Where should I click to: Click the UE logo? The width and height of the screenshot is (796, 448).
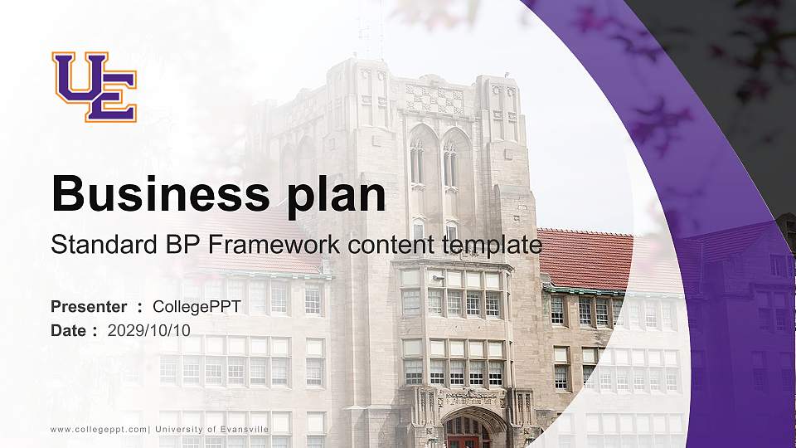[x=94, y=86]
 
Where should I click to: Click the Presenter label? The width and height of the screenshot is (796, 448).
[x=89, y=307]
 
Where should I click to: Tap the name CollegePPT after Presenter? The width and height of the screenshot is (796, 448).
[x=197, y=307]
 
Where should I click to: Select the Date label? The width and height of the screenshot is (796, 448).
[x=69, y=330]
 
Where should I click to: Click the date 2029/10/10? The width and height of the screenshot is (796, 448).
[x=149, y=330]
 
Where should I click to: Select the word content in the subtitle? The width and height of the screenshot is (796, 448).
[x=394, y=246]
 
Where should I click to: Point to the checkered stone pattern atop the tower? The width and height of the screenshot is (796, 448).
[x=434, y=100]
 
